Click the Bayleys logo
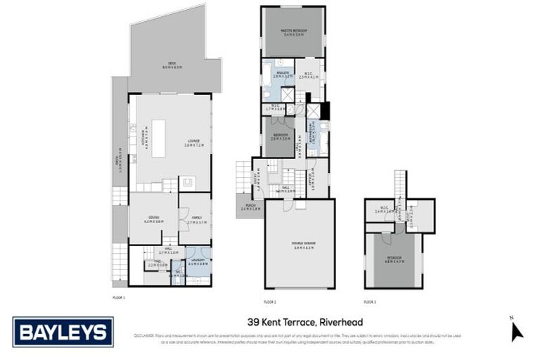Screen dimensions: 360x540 pyautogui.click(x=63, y=331)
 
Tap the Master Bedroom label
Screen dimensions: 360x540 pyautogui.click(x=294, y=34)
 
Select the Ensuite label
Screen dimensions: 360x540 pyautogui.click(x=278, y=73)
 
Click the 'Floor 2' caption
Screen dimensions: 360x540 pyautogui.click(x=269, y=301)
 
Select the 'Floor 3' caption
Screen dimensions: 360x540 pyautogui.click(x=370, y=301)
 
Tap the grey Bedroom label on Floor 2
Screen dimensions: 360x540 pyautogui.click(x=278, y=137)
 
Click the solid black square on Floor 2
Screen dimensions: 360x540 pyautogui.click(x=324, y=111)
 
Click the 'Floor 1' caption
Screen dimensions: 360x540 pyautogui.click(x=118, y=298)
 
